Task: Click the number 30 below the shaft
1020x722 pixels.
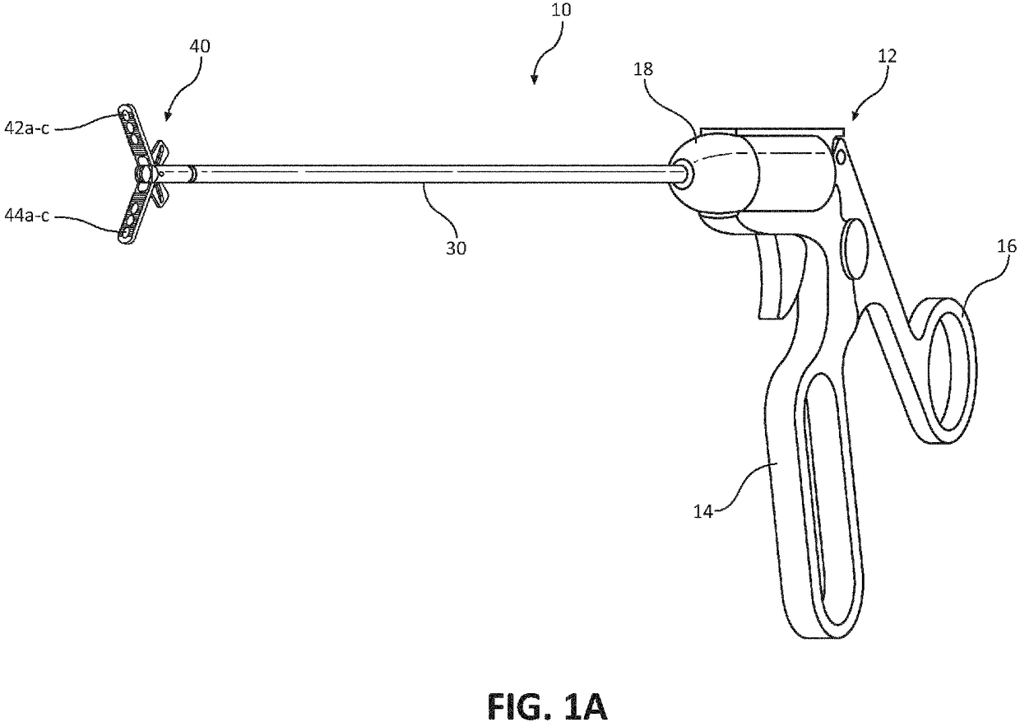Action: tap(455, 247)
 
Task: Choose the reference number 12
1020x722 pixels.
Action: tap(888, 57)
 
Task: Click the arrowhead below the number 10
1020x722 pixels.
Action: tap(534, 79)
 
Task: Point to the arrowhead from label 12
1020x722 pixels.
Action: tap(852, 118)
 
